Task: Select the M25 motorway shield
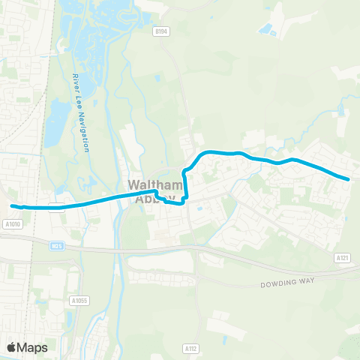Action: tap(57, 244)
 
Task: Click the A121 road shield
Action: tap(343, 257)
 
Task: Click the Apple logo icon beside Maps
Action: tap(12, 346)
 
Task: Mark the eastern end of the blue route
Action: tap(348, 178)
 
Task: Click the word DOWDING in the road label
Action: tap(277, 284)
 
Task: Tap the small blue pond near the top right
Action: tap(266, 30)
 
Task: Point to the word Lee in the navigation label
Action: tap(79, 97)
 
